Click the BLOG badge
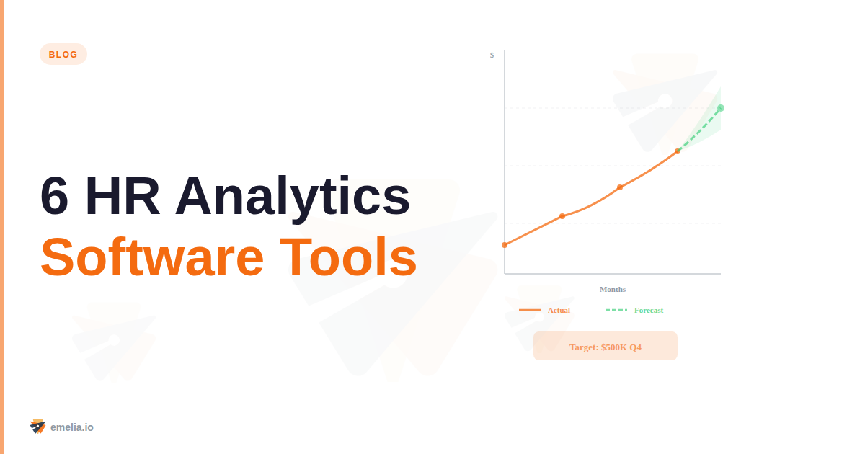click(63, 54)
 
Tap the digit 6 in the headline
click(55, 196)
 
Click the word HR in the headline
click(122, 196)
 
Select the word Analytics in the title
click(292, 196)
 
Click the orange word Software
click(152, 257)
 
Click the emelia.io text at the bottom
click(71, 427)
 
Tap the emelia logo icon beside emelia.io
click(37, 426)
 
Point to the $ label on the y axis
click(492, 55)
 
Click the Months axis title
click(613, 289)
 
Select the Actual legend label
click(559, 310)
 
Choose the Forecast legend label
click(649, 310)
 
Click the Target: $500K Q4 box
click(605, 346)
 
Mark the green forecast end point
click(721, 108)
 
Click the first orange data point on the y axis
click(505, 245)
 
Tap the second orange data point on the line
click(562, 216)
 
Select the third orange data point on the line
click(620, 187)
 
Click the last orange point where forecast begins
click(678, 151)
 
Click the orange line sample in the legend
click(530, 310)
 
